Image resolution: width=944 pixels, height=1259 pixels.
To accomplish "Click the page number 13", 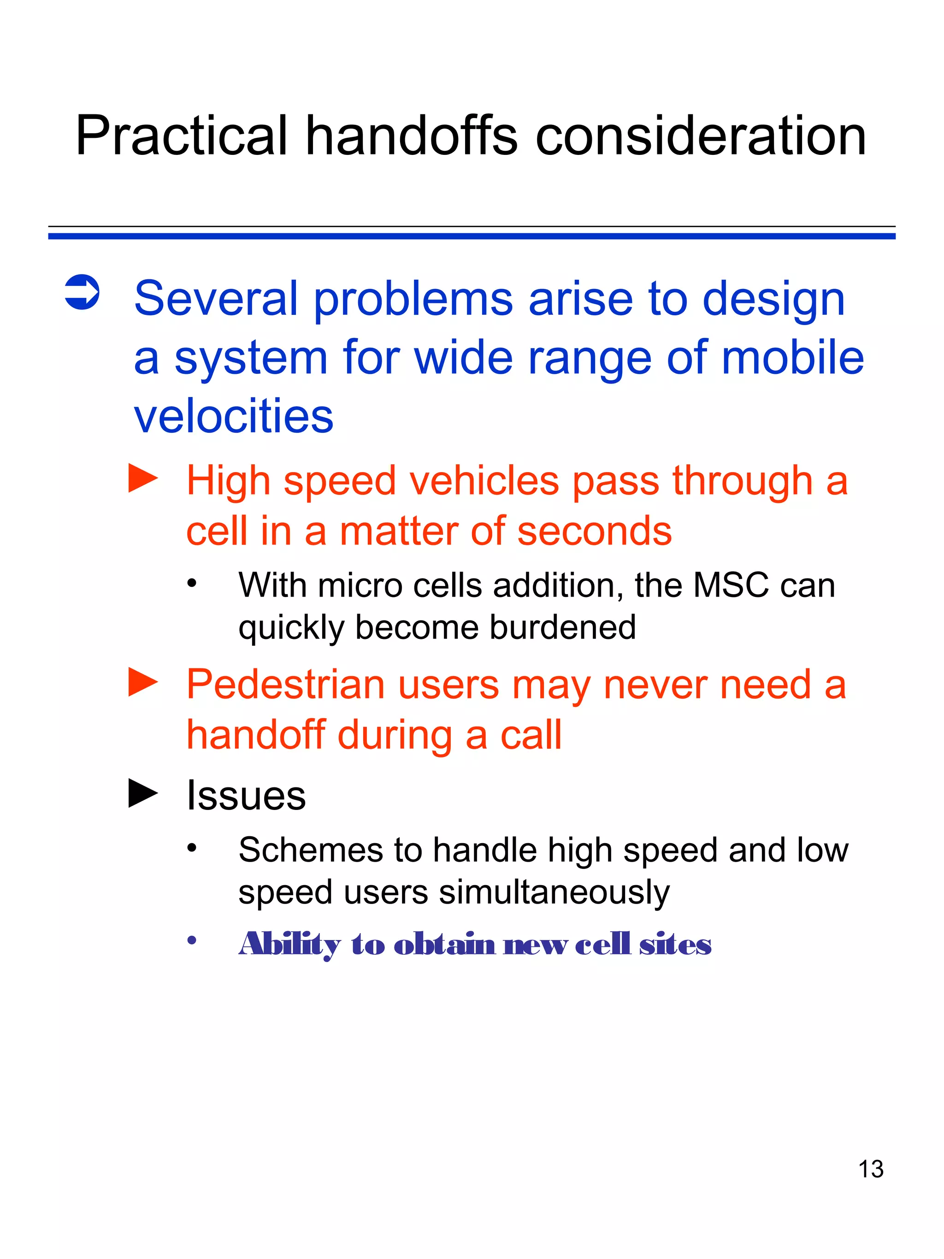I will (x=871, y=1169).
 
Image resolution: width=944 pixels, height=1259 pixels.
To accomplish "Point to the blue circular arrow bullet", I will (x=83, y=293).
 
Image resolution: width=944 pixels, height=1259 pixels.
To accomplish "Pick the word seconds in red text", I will (x=594, y=531).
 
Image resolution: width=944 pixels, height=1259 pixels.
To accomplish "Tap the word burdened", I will (x=563, y=627).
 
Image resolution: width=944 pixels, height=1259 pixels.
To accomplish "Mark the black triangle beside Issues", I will (x=143, y=793).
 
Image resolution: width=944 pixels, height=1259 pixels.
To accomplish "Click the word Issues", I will (x=246, y=795).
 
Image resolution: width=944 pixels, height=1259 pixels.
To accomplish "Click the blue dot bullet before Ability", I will (x=192, y=941).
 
